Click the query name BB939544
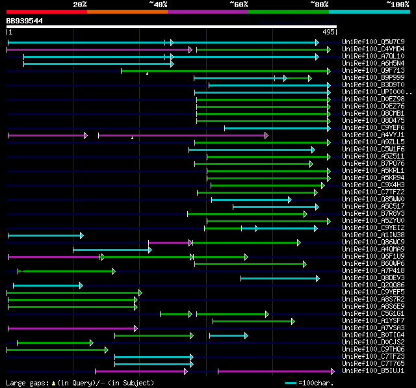(25, 21)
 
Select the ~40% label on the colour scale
(158, 5)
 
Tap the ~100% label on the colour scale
(398, 5)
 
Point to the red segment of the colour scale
(46, 12)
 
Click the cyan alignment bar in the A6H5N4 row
(97, 64)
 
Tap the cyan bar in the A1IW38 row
(44, 235)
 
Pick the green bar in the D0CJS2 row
(55, 343)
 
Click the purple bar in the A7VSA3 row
(71, 328)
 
